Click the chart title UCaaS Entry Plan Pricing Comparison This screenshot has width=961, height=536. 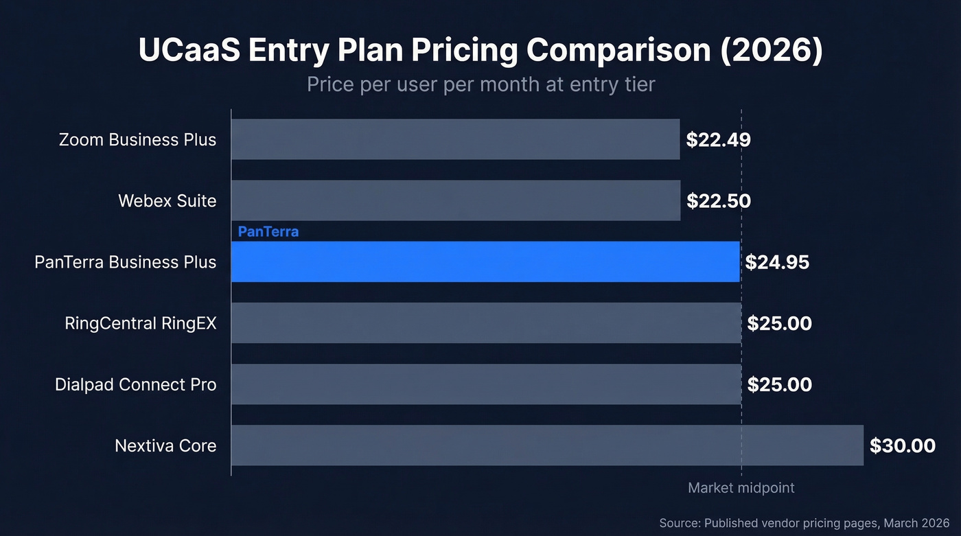pos(480,51)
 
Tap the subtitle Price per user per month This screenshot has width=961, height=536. pos(480,84)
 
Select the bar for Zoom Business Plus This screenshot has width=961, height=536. pos(455,139)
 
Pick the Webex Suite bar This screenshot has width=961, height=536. pos(455,200)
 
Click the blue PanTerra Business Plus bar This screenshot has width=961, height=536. pos(485,261)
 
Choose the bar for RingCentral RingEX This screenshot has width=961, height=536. pos(486,323)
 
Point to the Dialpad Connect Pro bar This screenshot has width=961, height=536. pos(486,384)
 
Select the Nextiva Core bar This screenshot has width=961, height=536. pos(547,445)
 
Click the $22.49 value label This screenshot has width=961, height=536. pos(718,140)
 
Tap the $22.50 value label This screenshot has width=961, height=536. pos(719,201)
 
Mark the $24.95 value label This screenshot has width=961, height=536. pos(777,262)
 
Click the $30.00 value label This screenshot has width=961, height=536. pos(902,446)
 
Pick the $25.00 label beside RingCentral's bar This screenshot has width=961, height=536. pos(779,323)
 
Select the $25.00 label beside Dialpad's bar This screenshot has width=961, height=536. pos(779,385)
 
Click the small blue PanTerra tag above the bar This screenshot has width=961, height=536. pos(268,232)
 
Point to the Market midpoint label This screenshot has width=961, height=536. pos(741,488)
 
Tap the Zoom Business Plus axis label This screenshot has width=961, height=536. pos(137,140)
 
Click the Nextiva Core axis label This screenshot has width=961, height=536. pos(165,446)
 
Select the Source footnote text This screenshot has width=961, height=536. pos(804,523)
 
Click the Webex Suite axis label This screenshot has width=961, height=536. pos(167,201)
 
